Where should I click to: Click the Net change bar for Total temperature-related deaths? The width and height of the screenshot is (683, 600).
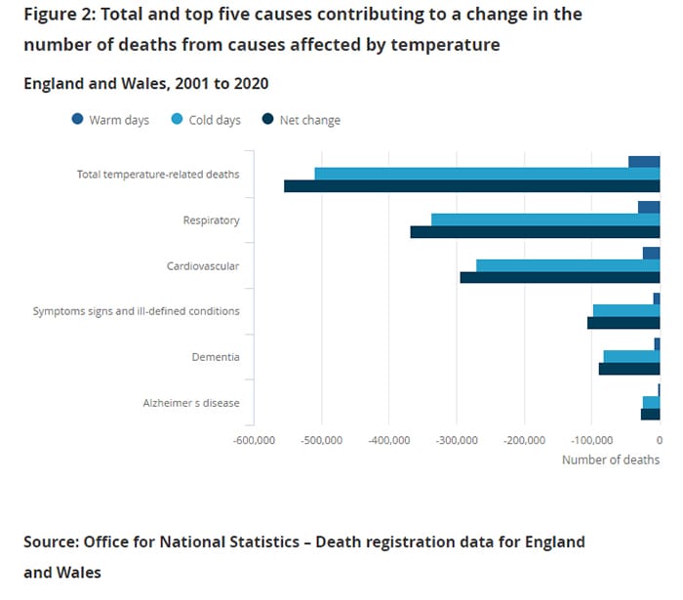click(472, 186)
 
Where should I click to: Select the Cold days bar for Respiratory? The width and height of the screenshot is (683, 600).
click(545, 220)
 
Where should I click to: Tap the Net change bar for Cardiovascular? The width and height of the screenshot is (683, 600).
click(560, 277)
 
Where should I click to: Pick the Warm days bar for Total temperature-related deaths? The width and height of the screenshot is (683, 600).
click(644, 162)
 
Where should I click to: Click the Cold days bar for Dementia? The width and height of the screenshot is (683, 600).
click(631, 356)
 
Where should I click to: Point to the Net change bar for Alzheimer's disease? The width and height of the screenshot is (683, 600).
click(650, 414)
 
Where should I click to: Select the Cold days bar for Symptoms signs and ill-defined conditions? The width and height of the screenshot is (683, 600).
click(626, 310)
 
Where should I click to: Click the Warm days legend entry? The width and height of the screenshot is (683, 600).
click(110, 120)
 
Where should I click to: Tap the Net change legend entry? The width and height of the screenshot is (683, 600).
click(301, 120)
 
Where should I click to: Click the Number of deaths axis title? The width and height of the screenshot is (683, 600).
click(611, 460)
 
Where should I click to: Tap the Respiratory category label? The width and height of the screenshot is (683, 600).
click(211, 220)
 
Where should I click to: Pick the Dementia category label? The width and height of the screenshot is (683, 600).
click(216, 357)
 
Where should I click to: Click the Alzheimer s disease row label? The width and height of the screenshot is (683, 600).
click(191, 403)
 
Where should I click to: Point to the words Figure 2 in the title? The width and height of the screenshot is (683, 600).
click(60, 15)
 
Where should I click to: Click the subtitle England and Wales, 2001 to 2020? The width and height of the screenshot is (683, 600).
click(146, 83)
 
